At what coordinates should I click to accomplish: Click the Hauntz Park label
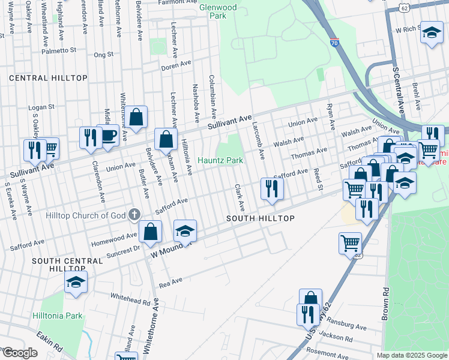[x=221, y=160]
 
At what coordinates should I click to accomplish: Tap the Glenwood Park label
[x=218, y=11]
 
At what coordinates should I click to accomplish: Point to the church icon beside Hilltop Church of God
[x=134, y=214]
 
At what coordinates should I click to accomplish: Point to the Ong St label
[x=103, y=55]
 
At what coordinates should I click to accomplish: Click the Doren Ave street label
[x=175, y=67]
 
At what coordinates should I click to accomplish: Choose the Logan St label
[x=42, y=107]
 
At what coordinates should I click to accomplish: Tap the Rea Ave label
[x=170, y=281]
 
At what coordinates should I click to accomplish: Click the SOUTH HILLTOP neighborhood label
[x=260, y=218]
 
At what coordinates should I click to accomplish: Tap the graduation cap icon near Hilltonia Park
[x=76, y=283]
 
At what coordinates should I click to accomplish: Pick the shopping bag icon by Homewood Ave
[x=150, y=231]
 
